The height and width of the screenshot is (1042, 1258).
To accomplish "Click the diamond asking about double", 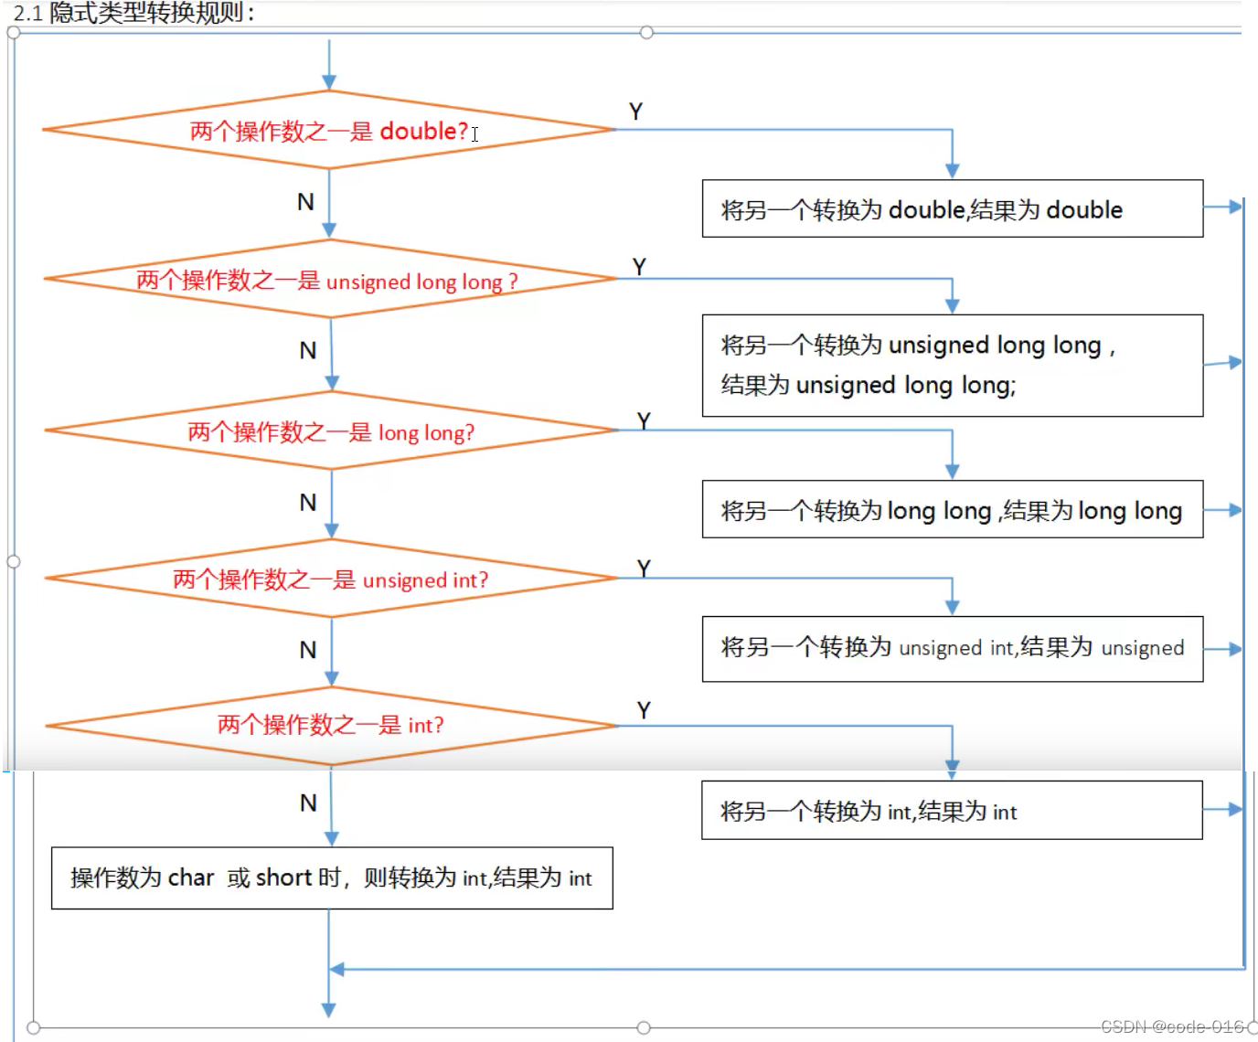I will [329, 131].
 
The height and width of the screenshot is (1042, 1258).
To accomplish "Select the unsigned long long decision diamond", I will [329, 280].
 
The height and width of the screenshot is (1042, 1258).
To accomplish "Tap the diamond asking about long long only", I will [331, 431].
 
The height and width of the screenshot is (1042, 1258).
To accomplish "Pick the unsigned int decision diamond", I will [331, 579].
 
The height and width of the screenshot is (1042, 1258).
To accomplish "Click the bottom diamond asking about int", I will [331, 726].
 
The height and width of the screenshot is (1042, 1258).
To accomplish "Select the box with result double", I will [952, 209].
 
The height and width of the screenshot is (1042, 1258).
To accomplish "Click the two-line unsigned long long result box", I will [952, 366].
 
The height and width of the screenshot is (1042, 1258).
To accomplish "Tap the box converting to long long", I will [952, 510].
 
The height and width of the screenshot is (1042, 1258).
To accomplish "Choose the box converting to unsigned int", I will [952, 648].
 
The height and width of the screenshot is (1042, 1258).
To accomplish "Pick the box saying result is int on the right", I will [952, 811].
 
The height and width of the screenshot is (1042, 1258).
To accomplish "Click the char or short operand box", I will [331, 877].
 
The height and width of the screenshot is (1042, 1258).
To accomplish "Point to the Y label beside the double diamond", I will [635, 112].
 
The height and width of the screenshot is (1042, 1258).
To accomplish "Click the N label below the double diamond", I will [305, 202].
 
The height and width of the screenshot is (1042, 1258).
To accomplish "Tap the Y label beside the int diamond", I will [644, 710].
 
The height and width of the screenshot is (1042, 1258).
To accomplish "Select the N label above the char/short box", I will [308, 803].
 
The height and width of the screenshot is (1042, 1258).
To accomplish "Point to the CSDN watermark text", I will [1172, 1026].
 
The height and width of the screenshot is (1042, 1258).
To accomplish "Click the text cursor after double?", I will [475, 133].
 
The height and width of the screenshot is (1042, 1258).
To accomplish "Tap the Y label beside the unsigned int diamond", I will [644, 569].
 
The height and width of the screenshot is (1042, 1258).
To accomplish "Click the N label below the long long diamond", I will [308, 503].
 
